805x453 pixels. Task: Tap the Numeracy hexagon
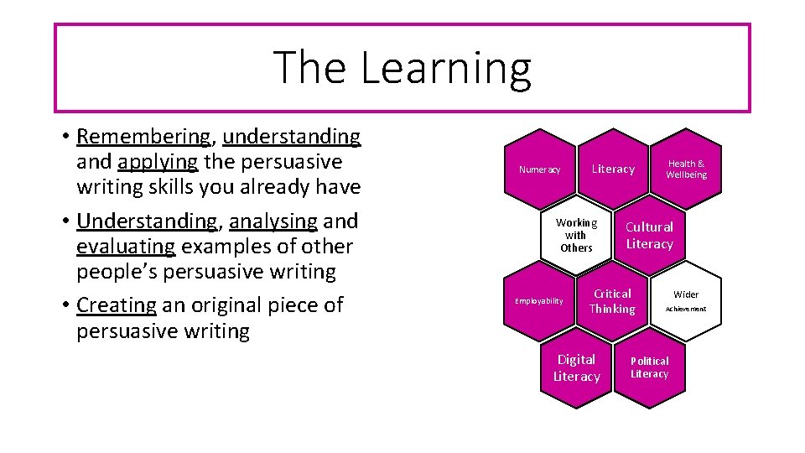click(539, 169)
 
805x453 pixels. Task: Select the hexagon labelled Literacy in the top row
click(613, 169)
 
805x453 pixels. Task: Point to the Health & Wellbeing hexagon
click(686, 169)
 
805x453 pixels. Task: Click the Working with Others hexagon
click(576, 235)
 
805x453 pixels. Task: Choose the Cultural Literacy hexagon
click(650, 235)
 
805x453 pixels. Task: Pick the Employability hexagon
click(539, 300)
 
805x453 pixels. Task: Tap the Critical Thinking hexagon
click(612, 301)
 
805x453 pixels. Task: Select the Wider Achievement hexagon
click(686, 301)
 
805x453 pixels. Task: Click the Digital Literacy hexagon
click(576, 367)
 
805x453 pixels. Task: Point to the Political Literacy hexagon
click(650, 367)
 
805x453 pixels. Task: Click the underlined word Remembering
click(143, 136)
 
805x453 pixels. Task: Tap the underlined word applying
click(158, 161)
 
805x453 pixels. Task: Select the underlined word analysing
click(273, 221)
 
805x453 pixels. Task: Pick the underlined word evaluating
click(126, 247)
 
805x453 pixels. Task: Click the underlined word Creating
click(116, 305)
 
